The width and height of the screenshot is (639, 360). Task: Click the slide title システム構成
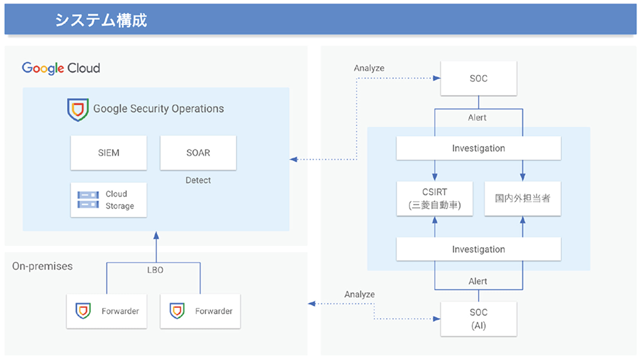click(x=101, y=20)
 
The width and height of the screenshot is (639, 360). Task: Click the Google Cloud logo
click(x=61, y=68)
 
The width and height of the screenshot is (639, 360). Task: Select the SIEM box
click(x=109, y=153)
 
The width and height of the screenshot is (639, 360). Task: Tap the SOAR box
click(x=198, y=153)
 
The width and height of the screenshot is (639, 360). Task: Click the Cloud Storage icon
click(x=88, y=200)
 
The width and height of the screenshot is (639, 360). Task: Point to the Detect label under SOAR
click(x=198, y=180)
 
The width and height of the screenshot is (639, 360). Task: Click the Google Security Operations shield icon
click(x=78, y=110)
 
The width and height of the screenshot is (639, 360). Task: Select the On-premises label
click(x=42, y=266)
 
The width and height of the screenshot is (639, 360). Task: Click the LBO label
click(x=155, y=270)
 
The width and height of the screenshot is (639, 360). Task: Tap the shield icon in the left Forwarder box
click(x=83, y=311)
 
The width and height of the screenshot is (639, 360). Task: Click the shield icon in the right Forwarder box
click(x=177, y=311)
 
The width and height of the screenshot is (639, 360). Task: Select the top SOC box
click(x=479, y=78)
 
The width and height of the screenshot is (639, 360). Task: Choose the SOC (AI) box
click(x=479, y=319)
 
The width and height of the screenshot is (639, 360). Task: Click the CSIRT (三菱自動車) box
click(x=434, y=199)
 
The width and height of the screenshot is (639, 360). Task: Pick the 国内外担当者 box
click(x=523, y=199)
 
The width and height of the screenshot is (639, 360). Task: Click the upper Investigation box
click(x=479, y=148)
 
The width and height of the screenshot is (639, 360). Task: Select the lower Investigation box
click(x=479, y=249)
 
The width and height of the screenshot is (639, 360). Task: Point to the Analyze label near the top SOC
click(x=369, y=68)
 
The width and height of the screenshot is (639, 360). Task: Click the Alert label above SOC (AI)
click(x=478, y=281)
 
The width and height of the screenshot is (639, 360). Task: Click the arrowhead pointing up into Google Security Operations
click(x=156, y=236)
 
